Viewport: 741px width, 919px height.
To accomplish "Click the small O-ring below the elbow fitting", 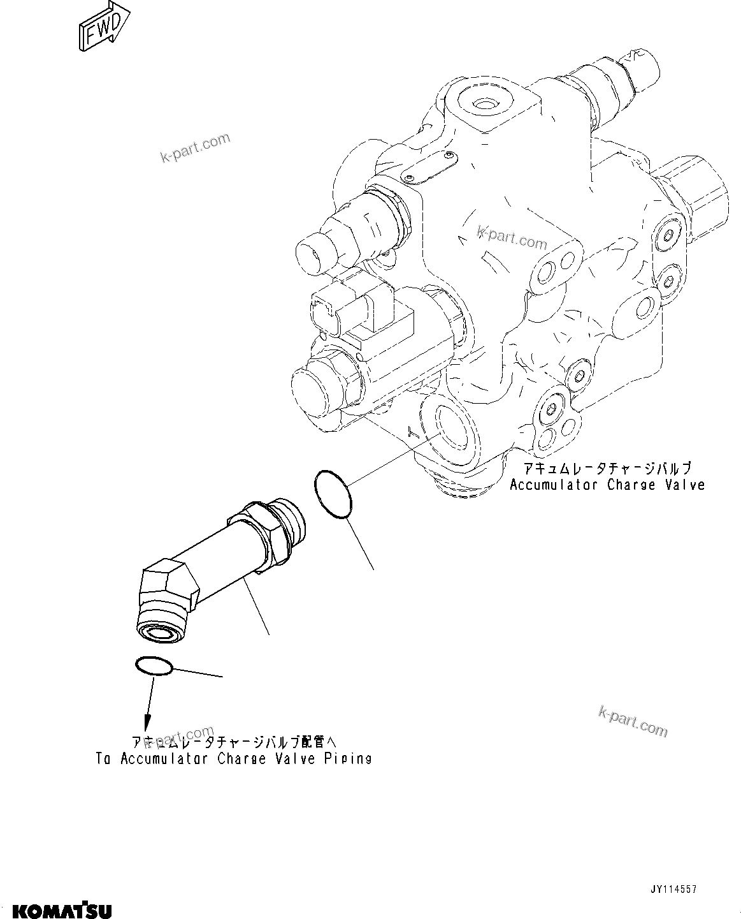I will [154, 666].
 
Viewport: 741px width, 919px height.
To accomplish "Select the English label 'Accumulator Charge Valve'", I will [607, 485].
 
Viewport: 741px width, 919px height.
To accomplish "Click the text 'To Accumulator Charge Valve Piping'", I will [234, 759].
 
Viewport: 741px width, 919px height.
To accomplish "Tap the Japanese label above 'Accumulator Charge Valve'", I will [607, 468].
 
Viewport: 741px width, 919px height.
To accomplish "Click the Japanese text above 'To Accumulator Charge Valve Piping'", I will [233, 742].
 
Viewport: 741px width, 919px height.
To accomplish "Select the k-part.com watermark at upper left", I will [196, 148].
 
